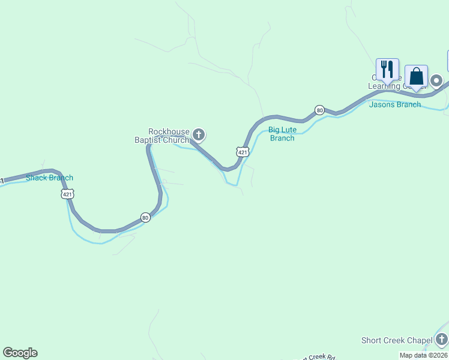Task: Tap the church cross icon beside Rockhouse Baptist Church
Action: pos(199,134)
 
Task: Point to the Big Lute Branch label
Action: pos(282,134)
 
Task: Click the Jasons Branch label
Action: pos(394,104)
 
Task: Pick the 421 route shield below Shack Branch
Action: pos(67,194)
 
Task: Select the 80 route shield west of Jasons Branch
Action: pos(319,110)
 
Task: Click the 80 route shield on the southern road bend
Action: pos(145,217)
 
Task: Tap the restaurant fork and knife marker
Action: pos(387,69)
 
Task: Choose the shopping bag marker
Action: pos(416,77)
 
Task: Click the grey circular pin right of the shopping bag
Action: pos(436,80)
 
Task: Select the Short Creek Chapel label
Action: pos(397,341)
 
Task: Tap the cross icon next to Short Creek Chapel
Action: pos(442,340)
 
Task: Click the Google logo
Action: pos(20,353)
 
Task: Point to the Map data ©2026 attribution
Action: pos(423,355)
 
